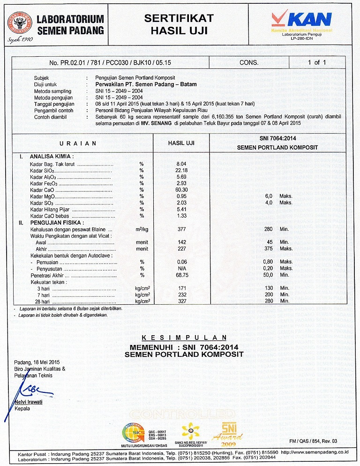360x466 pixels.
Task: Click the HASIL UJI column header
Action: [181, 143]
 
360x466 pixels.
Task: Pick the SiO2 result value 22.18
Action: [182, 170]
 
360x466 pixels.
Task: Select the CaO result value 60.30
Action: [182, 189]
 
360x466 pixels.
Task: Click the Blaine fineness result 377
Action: [182, 229]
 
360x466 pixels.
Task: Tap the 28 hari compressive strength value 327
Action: [182, 301]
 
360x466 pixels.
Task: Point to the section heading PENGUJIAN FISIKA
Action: [57, 222]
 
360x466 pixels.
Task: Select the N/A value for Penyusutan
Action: [182, 268]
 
